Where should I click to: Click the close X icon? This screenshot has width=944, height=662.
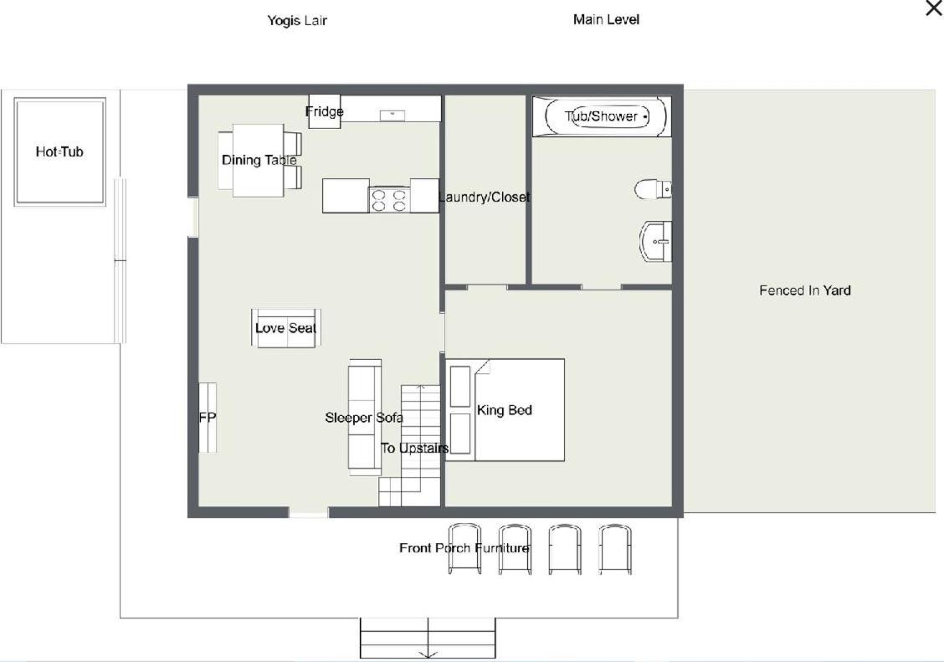pos(934,8)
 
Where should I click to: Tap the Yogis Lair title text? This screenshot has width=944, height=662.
pos(297,20)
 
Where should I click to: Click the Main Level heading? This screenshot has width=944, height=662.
pos(606,20)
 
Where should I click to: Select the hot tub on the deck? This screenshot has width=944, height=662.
pos(59,151)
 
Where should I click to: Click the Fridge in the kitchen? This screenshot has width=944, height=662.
pos(325,111)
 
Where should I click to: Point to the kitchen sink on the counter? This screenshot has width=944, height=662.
pos(392,115)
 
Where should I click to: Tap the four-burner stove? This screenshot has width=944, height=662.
pos(389,200)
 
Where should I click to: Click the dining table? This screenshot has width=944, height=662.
pos(259,160)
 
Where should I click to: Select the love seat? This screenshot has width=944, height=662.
pos(286,328)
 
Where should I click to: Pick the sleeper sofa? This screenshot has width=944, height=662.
pos(365,417)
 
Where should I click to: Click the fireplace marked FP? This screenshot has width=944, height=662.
pos(208,417)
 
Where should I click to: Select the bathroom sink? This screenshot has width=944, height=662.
pos(655,241)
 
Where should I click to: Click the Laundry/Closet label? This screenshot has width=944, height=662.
pos(485,197)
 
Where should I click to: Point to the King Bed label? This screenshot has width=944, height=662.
pos(505,410)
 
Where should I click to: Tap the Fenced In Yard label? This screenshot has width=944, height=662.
pos(805,290)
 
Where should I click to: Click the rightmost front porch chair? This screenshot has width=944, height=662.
pos(615,549)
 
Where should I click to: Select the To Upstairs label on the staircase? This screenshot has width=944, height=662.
pos(415,449)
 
